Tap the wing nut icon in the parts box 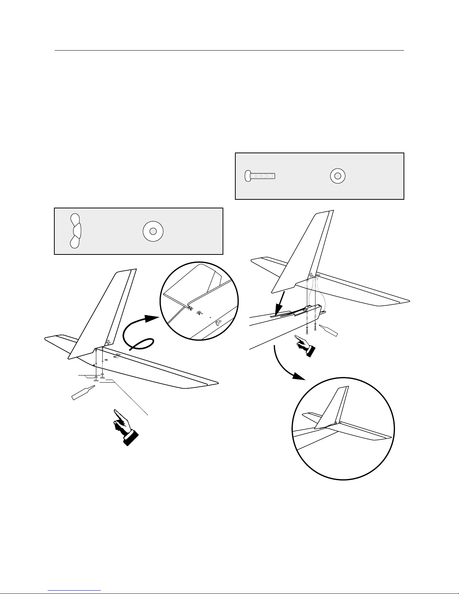pos(75,230)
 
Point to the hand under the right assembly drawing pos(305,345)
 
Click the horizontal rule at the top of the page pos(229,50)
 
